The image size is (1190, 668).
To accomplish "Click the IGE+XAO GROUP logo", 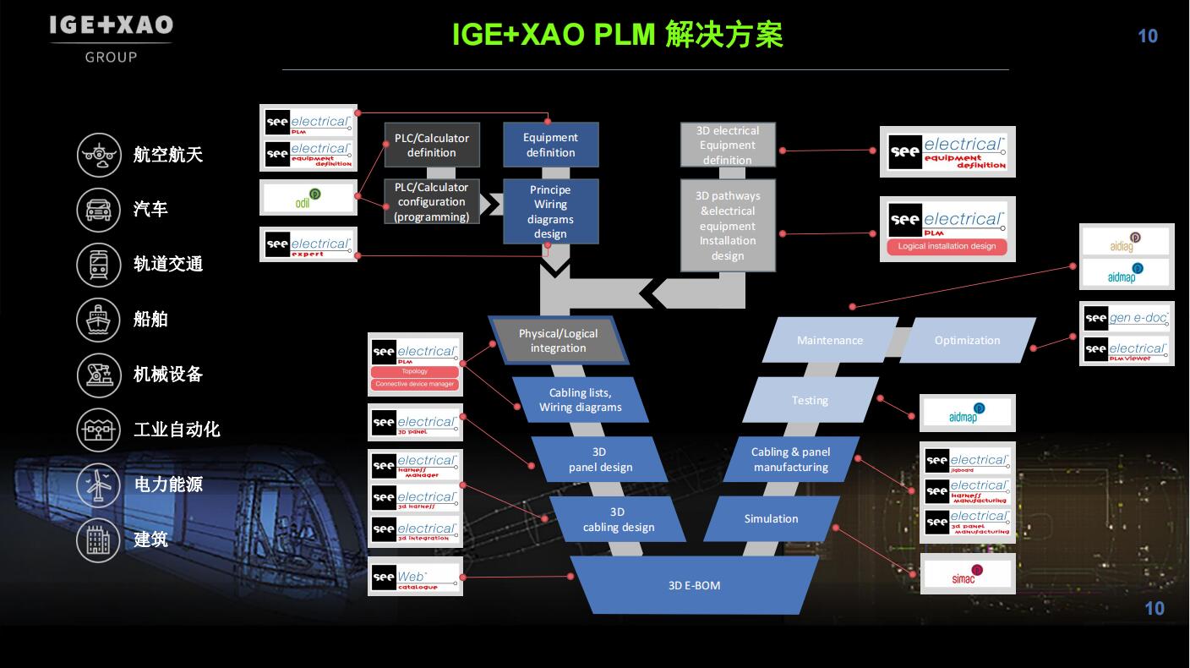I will click(x=111, y=38).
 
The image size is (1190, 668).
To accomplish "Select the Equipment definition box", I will click(x=551, y=145).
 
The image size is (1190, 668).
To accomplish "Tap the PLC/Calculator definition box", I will click(x=432, y=145).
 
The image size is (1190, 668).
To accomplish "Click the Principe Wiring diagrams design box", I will click(x=551, y=211).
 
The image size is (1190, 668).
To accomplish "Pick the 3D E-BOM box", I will click(x=694, y=585).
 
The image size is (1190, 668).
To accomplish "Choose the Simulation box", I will click(x=771, y=518).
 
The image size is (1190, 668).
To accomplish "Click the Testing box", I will click(x=810, y=400).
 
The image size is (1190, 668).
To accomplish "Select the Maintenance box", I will click(x=829, y=340).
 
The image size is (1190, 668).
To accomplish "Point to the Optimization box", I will click(x=967, y=340).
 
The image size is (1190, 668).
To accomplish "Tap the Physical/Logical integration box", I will click(x=559, y=341).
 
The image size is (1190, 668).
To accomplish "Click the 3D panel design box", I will click(x=600, y=459).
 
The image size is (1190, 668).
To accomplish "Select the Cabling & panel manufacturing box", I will click(x=791, y=459).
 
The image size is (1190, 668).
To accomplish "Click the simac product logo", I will click(x=967, y=575).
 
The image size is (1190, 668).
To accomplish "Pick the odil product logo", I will click(x=308, y=198).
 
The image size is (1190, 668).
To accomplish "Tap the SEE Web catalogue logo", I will click(x=416, y=578).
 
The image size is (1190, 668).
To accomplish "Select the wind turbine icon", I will click(x=100, y=485).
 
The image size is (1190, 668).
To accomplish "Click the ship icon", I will click(x=100, y=319).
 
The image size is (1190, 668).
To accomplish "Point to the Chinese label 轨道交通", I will click(x=168, y=264).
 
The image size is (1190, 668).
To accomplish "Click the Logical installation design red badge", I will click(x=947, y=247).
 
